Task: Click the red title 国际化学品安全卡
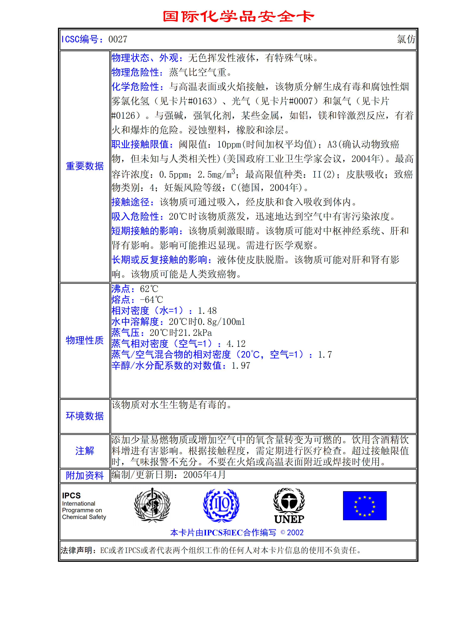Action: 238,16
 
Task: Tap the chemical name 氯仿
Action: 406,39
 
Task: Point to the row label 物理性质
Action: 85,340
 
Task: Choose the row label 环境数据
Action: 85,416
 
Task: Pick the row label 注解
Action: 85,451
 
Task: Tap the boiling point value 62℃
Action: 149,289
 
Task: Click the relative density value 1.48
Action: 207,311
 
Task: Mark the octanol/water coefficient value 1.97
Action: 241,366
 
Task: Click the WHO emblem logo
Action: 152,505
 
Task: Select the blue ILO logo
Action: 221,505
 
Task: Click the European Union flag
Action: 365,506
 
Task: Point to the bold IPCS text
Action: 71,496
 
